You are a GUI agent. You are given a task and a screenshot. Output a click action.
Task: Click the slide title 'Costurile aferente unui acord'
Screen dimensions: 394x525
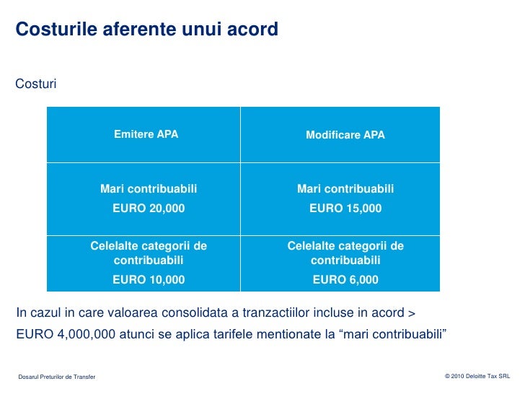click(x=146, y=30)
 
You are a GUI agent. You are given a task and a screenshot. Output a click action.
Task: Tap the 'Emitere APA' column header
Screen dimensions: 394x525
click(x=146, y=134)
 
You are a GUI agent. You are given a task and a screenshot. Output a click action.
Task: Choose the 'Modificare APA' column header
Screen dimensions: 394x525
click(x=345, y=135)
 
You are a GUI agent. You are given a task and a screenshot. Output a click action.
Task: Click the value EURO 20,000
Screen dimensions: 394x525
click(x=149, y=209)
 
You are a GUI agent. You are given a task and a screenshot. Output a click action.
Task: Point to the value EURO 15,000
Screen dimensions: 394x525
click(x=345, y=209)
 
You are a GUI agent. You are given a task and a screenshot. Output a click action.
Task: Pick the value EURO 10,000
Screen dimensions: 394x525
click(x=149, y=279)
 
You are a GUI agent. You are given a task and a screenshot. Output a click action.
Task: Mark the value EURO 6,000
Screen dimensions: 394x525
click(x=345, y=279)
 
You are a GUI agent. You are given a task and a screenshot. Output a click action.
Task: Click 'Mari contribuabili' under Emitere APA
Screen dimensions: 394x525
click(x=149, y=189)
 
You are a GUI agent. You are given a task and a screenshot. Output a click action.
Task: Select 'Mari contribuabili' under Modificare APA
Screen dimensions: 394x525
click(x=345, y=189)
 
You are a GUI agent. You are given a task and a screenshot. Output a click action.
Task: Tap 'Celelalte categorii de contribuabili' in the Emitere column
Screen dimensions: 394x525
click(x=149, y=253)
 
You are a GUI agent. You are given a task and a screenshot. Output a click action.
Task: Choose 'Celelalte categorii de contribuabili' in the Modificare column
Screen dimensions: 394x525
click(x=345, y=253)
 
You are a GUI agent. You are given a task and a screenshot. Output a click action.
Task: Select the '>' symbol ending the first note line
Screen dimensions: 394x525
click(x=412, y=313)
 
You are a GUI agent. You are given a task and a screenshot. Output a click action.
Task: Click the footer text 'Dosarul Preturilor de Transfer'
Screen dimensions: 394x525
click(x=57, y=377)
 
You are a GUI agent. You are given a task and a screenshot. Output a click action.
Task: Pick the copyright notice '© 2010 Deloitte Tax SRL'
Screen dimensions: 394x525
click(x=477, y=377)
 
